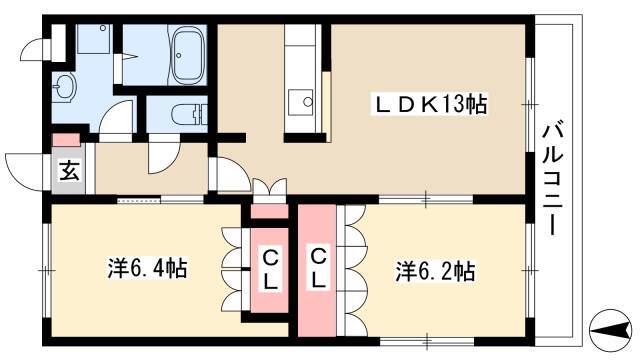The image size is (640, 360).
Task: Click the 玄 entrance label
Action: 69,170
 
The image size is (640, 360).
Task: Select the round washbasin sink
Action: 66,86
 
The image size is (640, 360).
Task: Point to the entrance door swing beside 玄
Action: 25,168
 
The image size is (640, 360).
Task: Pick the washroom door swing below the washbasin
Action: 116,118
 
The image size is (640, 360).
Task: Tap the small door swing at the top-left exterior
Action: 36,49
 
